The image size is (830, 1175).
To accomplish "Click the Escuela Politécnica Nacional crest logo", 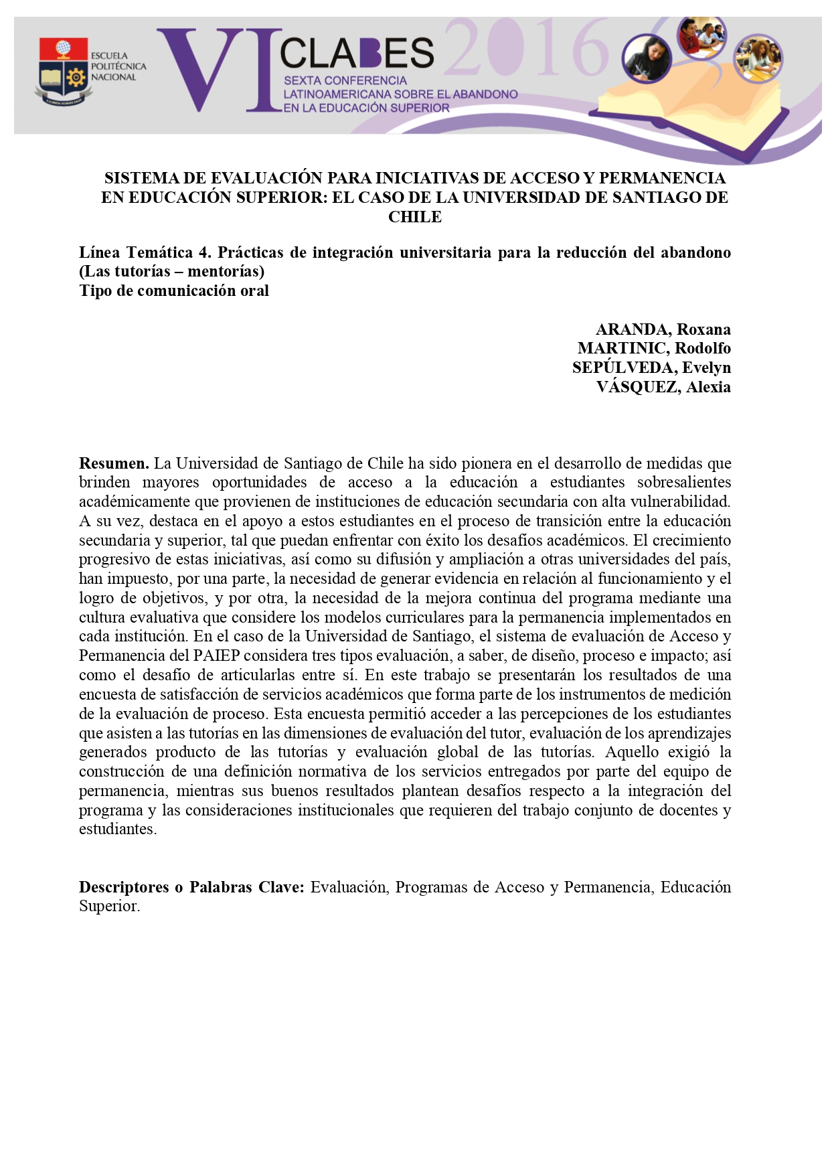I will click(x=63, y=72).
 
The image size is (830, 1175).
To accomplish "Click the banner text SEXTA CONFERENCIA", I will click(x=345, y=80).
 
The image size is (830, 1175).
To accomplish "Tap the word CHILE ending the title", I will click(x=415, y=217).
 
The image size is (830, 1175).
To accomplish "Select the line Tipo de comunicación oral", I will click(x=174, y=291).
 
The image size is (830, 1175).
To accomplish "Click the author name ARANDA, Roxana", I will click(x=663, y=329).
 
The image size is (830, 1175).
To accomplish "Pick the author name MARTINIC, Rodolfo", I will click(x=654, y=348).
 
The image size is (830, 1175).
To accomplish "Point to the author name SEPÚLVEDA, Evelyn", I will click(x=651, y=368).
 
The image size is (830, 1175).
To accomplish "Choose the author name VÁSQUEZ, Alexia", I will click(x=663, y=387).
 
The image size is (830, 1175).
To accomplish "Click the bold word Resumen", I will click(x=113, y=463).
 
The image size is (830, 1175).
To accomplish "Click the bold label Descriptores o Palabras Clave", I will click(x=191, y=887).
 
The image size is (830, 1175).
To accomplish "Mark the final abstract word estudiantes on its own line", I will click(x=117, y=830).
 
